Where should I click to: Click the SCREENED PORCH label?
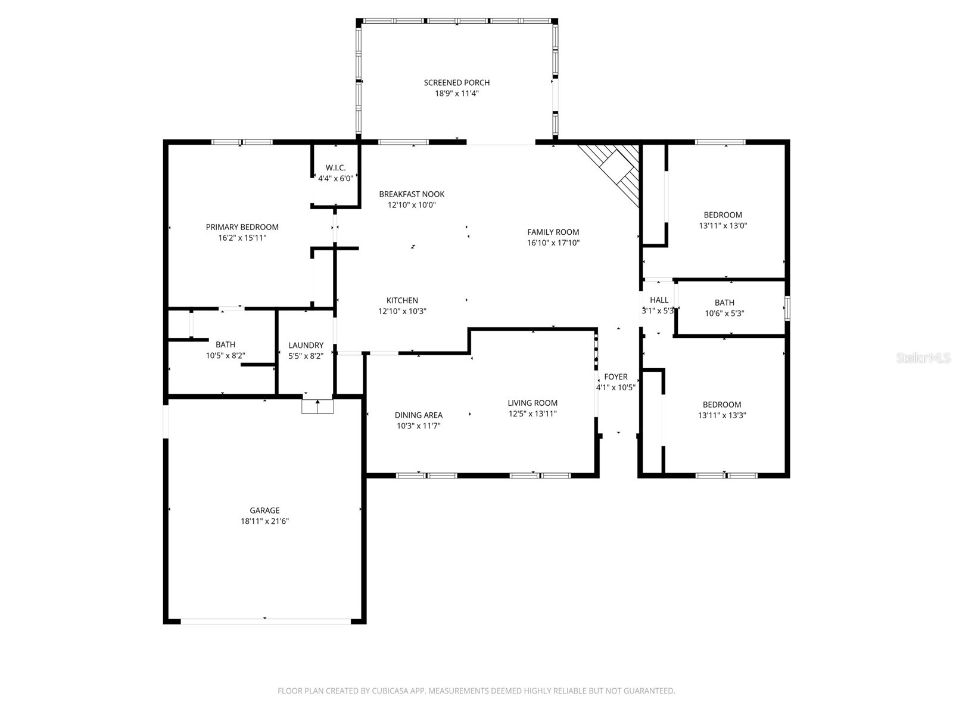[x=456, y=82]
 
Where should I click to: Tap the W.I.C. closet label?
[x=335, y=167]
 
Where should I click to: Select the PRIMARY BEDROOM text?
[x=242, y=227]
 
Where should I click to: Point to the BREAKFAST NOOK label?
[x=412, y=194]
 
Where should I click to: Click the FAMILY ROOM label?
[x=553, y=232]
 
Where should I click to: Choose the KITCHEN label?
[x=402, y=300]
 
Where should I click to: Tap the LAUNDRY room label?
[x=306, y=345]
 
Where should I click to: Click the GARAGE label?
[x=264, y=511]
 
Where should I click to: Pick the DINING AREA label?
[x=419, y=415]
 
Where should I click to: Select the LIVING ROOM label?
[x=532, y=403]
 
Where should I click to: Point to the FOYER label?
[x=616, y=377]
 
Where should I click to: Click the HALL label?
[x=659, y=300]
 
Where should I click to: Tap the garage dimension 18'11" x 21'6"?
[x=264, y=521]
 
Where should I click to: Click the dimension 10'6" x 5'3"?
[x=724, y=313]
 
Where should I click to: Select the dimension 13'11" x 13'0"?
[x=722, y=226]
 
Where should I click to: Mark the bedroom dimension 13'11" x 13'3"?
[x=721, y=415]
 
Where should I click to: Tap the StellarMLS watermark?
[x=923, y=358]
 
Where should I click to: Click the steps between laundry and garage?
[x=317, y=406]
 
